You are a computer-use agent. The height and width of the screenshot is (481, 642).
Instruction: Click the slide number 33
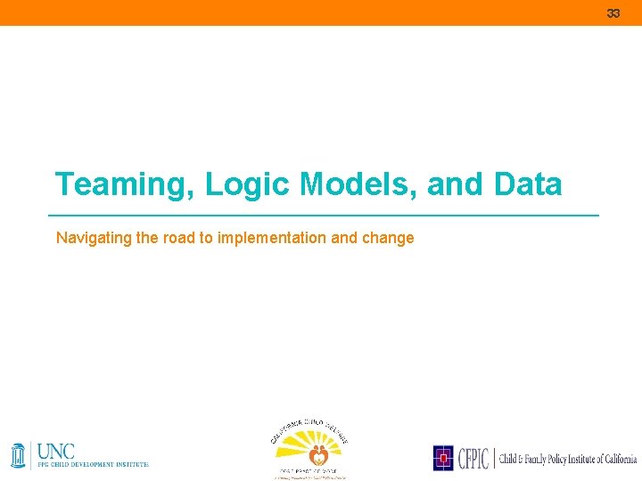(x=613, y=13)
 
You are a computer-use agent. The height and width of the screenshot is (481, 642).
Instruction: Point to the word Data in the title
(x=527, y=184)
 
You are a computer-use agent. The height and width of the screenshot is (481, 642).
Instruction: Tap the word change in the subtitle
(x=390, y=239)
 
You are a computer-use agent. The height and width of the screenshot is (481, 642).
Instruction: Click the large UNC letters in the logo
(x=55, y=451)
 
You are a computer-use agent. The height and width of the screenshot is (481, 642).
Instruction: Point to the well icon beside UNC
(x=19, y=455)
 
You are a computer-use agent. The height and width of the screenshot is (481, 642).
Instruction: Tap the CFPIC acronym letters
(x=473, y=459)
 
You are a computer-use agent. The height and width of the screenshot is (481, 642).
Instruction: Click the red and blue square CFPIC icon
(x=443, y=458)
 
